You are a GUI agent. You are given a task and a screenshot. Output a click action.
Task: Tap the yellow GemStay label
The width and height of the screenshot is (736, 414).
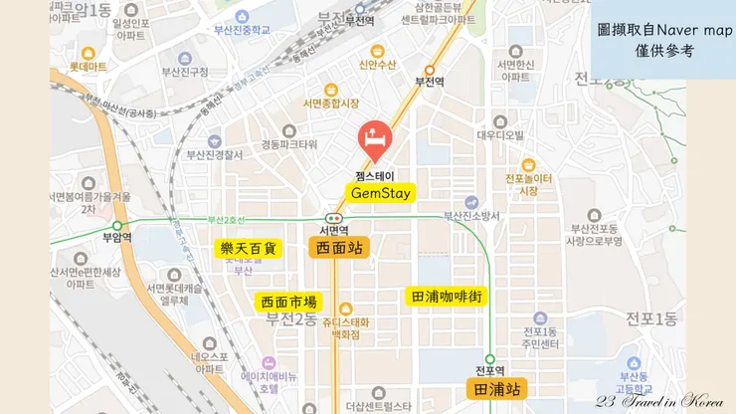click(381, 192)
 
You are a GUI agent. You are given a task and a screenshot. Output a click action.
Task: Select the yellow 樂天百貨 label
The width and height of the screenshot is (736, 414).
click(248, 248)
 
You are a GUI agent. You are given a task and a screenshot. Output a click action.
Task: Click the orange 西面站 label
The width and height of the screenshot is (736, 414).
click(338, 248)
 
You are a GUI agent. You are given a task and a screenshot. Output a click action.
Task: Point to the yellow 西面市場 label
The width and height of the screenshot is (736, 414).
click(288, 302)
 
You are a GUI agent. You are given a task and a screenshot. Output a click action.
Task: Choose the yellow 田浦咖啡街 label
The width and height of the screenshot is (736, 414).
click(446, 296)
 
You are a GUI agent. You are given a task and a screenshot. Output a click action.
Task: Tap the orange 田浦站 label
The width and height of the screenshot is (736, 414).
click(497, 389)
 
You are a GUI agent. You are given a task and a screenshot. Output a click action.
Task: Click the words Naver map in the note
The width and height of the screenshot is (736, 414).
click(690, 31)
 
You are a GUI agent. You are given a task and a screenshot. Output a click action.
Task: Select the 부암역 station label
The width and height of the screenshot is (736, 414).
click(116, 237)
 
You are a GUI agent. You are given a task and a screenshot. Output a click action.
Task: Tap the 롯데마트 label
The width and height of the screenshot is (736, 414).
click(88, 67)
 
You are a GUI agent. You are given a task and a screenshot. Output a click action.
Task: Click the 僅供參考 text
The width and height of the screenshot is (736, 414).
click(662, 51)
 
